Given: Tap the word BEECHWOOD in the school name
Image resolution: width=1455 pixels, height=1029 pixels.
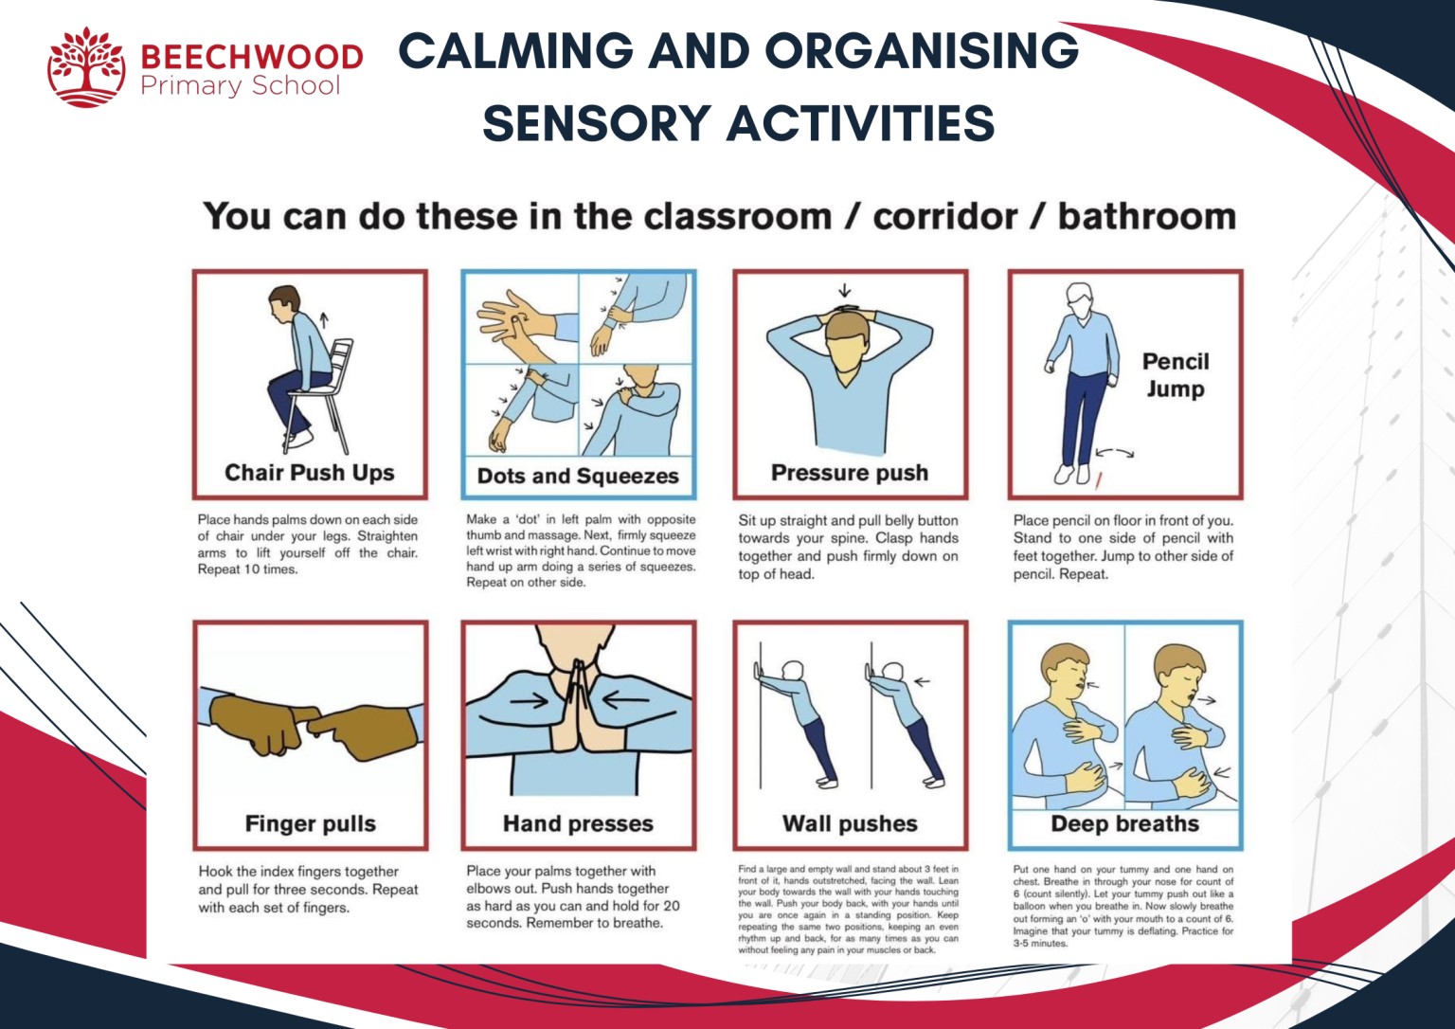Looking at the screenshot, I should click(251, 57).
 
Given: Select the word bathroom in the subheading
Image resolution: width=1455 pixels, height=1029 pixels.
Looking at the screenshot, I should click(1146, 217).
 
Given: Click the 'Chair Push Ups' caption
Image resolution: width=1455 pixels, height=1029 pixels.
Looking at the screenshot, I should click(309, 472).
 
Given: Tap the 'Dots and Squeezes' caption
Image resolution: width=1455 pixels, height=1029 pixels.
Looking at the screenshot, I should click(578, 476).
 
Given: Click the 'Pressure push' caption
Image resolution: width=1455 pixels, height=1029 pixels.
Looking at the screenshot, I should click(850, 472).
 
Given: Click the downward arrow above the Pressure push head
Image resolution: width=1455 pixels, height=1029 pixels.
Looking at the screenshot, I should click(844, 290).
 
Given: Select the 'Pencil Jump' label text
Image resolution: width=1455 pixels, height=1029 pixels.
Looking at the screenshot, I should click(1176, 375).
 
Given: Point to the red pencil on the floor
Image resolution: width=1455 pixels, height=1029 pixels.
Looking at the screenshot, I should click(1099, 480).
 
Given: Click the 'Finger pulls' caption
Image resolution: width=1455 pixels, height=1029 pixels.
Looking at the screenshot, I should click(310, 823).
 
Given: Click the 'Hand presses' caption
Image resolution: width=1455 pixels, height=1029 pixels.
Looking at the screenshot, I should click(578, 823).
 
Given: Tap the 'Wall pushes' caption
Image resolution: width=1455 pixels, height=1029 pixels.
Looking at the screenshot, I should click(850, 823).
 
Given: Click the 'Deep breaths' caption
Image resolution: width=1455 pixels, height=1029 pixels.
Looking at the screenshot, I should click(1124, 823).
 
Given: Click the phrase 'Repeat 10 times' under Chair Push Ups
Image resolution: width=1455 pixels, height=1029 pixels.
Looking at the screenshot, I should click(247, 569).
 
